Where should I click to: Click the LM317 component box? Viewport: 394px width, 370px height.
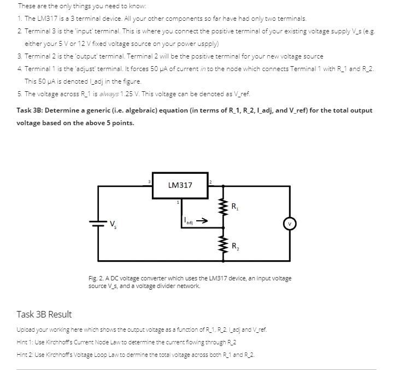click(180, 185)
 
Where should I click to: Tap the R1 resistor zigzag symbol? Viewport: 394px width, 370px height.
click(222, 208)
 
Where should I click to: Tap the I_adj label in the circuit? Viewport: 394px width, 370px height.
click(187, 222)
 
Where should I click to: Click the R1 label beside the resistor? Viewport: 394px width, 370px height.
click(234, 207)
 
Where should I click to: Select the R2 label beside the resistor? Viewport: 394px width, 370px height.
click(234, 245)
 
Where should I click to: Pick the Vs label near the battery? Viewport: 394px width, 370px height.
click(113, 224)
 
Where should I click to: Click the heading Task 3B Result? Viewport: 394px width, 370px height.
click(44, 314)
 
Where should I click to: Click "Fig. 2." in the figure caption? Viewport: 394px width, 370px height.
click(96, 278)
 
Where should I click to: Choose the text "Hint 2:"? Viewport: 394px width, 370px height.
click(26, 355)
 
